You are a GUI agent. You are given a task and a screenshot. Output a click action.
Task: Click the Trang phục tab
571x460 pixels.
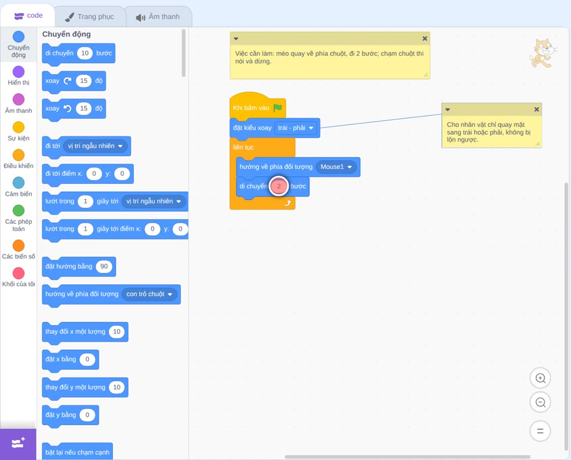[90, 17]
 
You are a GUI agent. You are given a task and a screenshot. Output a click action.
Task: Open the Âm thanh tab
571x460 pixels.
[158, 17]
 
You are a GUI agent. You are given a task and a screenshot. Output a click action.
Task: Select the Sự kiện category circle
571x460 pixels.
[19, 127]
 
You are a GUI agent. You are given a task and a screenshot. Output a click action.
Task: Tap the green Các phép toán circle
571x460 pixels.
[19, 211]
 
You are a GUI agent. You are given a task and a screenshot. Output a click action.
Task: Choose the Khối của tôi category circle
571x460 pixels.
[19, 273]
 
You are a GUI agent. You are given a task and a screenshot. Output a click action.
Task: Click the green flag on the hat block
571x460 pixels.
[278, 108]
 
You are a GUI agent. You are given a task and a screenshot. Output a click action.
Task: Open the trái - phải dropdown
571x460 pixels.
[295, 128]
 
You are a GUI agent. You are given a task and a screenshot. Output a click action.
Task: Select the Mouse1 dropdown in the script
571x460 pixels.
[336, 167]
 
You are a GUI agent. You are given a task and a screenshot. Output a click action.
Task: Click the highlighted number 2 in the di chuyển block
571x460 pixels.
[279, 186]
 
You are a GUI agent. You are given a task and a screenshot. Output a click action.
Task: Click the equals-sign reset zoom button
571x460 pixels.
[540, 431]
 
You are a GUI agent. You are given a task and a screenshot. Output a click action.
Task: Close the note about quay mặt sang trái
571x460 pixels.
[536, 109]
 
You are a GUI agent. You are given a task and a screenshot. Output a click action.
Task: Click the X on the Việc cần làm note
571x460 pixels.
[425, 39]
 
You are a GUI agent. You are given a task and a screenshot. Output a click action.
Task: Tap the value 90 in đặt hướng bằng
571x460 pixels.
[104, 267]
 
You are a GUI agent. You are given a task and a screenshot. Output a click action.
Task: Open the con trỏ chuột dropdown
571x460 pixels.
[149, 294]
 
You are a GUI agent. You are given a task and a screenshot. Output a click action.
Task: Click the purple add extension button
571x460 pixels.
[18, 443]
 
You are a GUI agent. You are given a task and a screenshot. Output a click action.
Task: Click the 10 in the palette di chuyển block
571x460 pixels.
[85, 53]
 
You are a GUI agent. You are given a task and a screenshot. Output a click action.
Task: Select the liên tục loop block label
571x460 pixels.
[243, 147]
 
